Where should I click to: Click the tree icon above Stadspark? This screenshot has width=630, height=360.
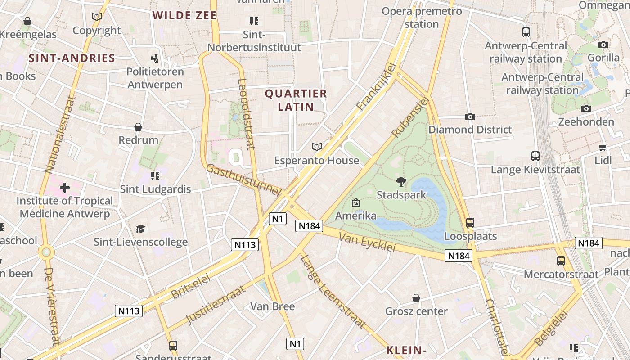401,182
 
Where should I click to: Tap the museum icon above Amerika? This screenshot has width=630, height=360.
356,203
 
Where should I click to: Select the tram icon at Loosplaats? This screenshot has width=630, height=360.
470,223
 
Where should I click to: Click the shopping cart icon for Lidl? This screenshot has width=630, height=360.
603,148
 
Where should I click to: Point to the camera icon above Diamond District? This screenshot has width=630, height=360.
470,117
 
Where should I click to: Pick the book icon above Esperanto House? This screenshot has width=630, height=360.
317,147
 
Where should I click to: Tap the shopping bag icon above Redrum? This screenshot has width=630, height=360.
138,127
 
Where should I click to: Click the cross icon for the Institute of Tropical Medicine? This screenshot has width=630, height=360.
65,187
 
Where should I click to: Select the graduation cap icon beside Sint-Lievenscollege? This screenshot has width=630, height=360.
141,229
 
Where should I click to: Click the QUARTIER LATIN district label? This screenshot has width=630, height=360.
296,100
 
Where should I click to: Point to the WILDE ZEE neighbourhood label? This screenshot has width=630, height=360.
184,15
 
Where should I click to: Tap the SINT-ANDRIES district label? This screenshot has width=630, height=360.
72,58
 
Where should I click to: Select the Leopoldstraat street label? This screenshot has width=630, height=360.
246,114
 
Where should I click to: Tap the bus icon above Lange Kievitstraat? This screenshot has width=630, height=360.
535,157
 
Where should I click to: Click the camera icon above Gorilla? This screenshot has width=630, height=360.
603,45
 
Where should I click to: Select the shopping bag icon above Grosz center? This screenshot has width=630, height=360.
416,298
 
